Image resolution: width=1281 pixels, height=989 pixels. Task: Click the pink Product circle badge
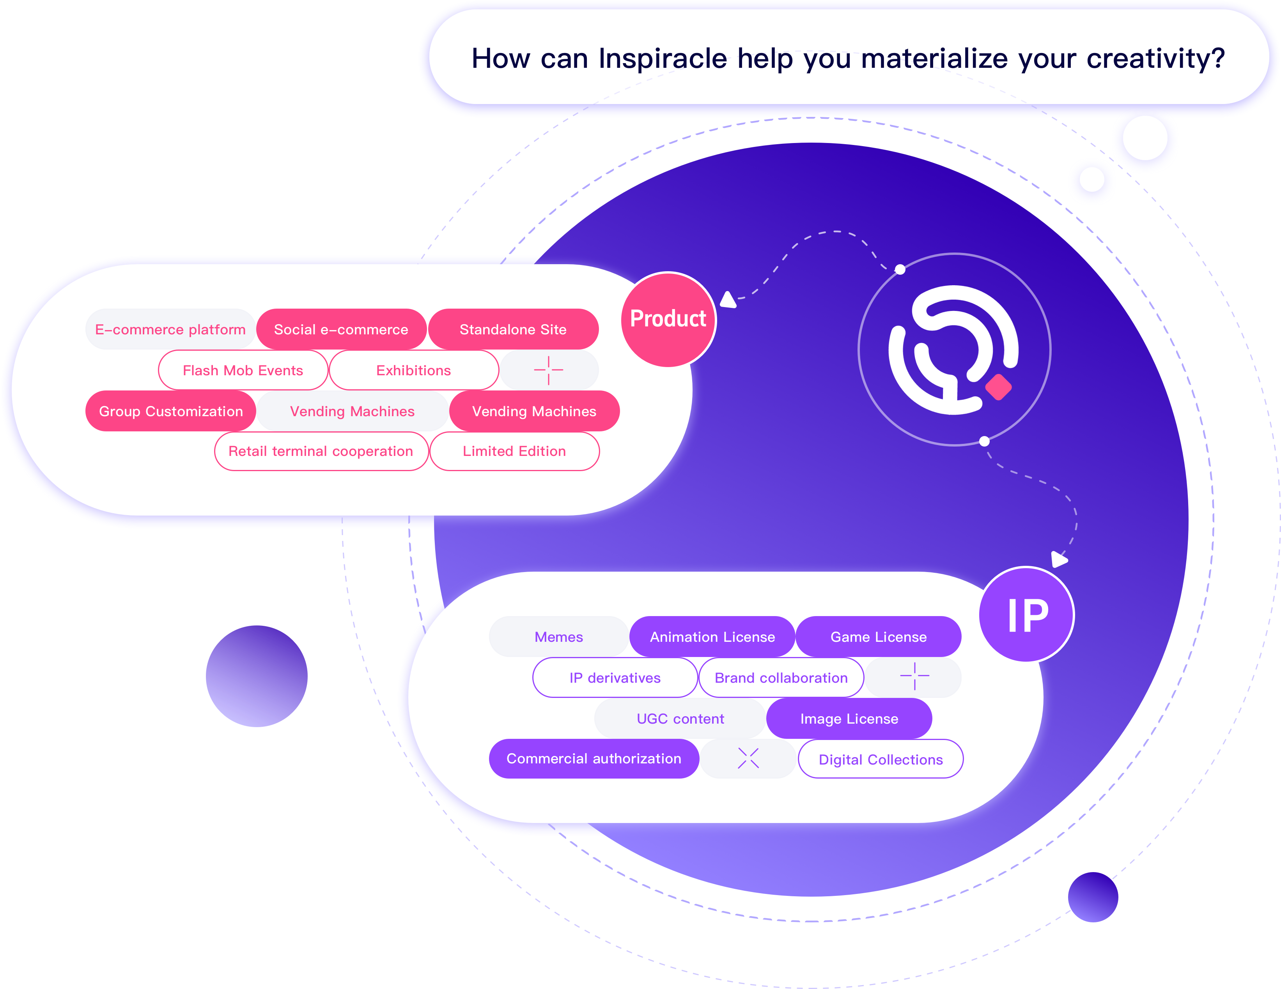pos(668,320)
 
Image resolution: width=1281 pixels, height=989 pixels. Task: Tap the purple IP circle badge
pos(1027,615)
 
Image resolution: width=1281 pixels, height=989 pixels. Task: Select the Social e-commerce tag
pos(341,329)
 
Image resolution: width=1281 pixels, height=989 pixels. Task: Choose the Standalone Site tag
pos(513,329)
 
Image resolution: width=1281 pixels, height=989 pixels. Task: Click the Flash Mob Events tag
pos(243,371)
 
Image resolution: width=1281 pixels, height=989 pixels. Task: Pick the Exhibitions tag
pos(413,371)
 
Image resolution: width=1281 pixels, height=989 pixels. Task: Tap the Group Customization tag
pos(171,411)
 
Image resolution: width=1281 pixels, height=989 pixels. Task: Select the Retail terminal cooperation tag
pos(321,451)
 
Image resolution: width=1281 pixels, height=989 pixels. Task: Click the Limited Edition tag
pos(514,451)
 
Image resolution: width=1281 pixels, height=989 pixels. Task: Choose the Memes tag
pos(558,637)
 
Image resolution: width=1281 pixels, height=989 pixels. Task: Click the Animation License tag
pos(712,637)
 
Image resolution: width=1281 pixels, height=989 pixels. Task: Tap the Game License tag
pos(878,637)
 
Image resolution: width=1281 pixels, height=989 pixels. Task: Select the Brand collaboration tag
pos(781,678)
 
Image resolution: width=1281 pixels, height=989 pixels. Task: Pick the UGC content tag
pos(680,719)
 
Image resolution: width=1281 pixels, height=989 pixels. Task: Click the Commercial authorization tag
pos(594,759)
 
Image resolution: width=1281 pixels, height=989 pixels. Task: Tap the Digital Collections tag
pos(881,760)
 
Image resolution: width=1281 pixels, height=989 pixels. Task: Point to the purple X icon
pos(748,759)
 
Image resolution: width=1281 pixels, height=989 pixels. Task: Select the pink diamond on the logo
pos(998,387)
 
